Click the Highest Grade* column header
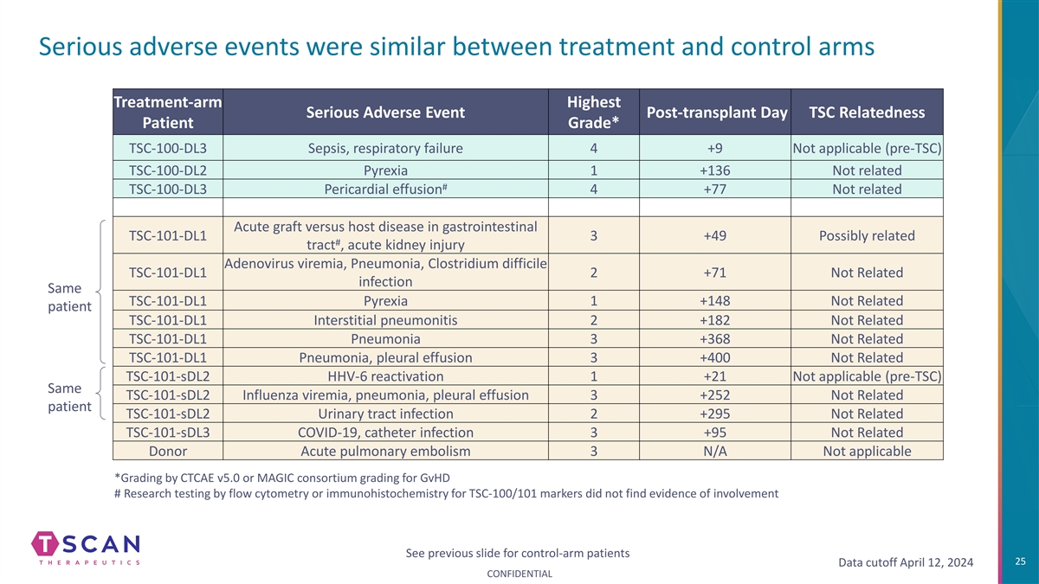click(x=594, y=112)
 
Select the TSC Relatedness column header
click(x=867, y=112)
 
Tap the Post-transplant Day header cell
click(x=715, y=112)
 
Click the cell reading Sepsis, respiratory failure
click(x=385, y=148)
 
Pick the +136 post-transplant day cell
click(x=715, y=170)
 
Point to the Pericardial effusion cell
click(x=385, y=189)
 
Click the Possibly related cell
click(x=867, y=235)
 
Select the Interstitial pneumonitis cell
click(x=385, y=320)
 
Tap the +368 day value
click(x=715, y=339)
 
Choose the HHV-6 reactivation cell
click(x=385, y=376)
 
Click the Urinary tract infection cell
click(x=385, y=414)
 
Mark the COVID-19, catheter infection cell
click(x=385, y=433)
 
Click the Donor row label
click(x=168, y=451)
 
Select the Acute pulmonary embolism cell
click(x=385, y=451)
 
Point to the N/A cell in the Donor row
click(x=715, y=451)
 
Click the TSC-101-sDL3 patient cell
click(x=168, y=433)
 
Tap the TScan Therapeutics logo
click(x=86, y=549)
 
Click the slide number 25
click(x=1020, y=562)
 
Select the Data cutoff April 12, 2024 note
click(x=906, y=562)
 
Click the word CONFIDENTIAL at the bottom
click(x=519, y=574)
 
